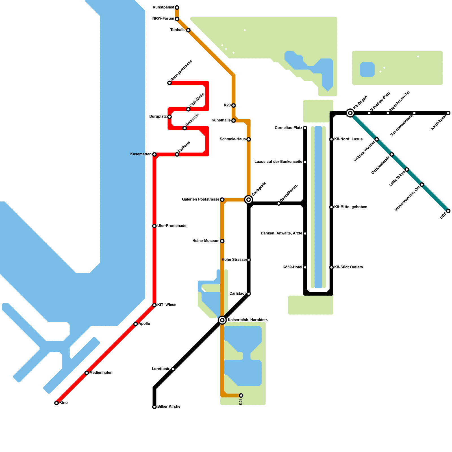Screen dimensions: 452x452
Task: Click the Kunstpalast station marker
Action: [x=177, y=7]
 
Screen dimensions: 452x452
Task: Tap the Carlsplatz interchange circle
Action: [x=249, y=200]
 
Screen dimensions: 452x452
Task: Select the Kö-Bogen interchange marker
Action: [x=350, y=113]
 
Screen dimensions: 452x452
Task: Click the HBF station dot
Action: [x=448, y=211]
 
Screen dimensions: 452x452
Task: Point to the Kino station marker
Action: [x=56, y=403]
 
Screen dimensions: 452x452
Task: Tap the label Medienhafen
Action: [x=101, y=373]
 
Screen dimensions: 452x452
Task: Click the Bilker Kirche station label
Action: [x=169, y=407]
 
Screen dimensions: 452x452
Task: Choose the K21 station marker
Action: [x=241, y=395]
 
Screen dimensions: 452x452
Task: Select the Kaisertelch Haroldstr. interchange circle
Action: [x=222, y=320]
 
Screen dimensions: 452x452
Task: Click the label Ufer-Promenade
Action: [x=171, y=226]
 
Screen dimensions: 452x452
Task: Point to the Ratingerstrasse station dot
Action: [x=169, y=83]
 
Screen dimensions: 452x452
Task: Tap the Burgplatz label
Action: [x=158, y=116]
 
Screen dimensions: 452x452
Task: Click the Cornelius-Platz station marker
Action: [x=305, y=128]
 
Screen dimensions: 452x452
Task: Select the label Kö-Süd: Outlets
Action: [x=348, y=267]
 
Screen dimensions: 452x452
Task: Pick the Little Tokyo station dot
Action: [x=407, y=169]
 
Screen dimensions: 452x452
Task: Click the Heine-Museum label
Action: [x=206, y=241]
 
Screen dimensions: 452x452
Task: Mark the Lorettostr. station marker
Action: [x=173, y=369]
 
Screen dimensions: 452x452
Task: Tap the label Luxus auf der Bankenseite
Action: [x=278, y=162]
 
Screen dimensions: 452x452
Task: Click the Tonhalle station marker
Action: [x=188, y=30]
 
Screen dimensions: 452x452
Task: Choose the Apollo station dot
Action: [x=136, y=324]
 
